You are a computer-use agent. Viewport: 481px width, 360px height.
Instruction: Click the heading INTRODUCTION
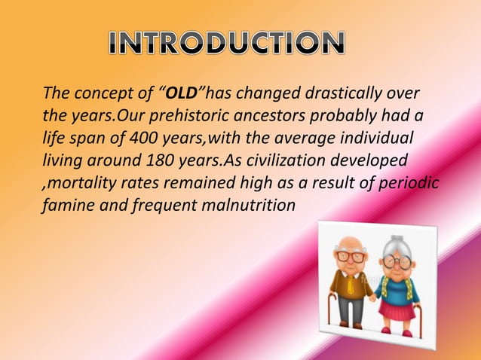pos(227,43)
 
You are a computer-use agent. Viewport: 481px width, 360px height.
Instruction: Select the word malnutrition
pos(247,205)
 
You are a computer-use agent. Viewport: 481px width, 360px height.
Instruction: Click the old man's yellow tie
pos(351,285)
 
